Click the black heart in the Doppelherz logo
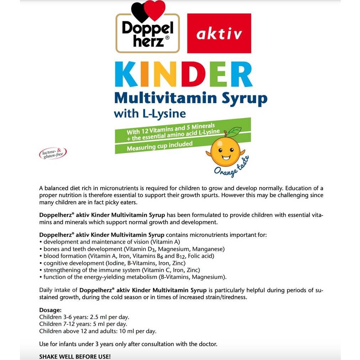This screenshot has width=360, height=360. [x=140, y=11]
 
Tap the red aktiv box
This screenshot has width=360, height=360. [x=219, y=33]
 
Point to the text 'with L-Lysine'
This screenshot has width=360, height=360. [x=150, y=113]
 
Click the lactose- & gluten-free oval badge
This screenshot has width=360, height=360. [x=53, y=153]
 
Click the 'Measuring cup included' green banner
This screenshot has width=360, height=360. [x=160, y=146]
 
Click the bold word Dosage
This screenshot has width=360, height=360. [x=50, y=310]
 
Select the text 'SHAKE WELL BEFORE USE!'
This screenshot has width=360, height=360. [x=75, y=356]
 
